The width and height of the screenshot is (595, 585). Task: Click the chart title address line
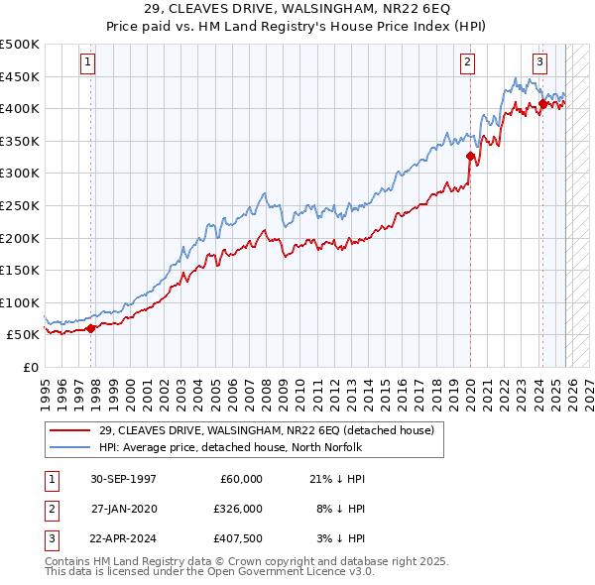pos(297,10)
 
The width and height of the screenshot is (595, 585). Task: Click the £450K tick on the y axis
pos(20,76)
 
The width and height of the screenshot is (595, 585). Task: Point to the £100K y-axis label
pos(20,302)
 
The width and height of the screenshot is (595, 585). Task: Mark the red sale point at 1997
pos(91,328)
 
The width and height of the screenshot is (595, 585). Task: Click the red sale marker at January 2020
pos(470,156)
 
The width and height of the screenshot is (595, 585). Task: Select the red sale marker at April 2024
pos(542,103)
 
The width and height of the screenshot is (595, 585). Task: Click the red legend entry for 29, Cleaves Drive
pos(266,430)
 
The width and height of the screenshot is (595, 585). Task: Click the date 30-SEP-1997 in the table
pos(123,479)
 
